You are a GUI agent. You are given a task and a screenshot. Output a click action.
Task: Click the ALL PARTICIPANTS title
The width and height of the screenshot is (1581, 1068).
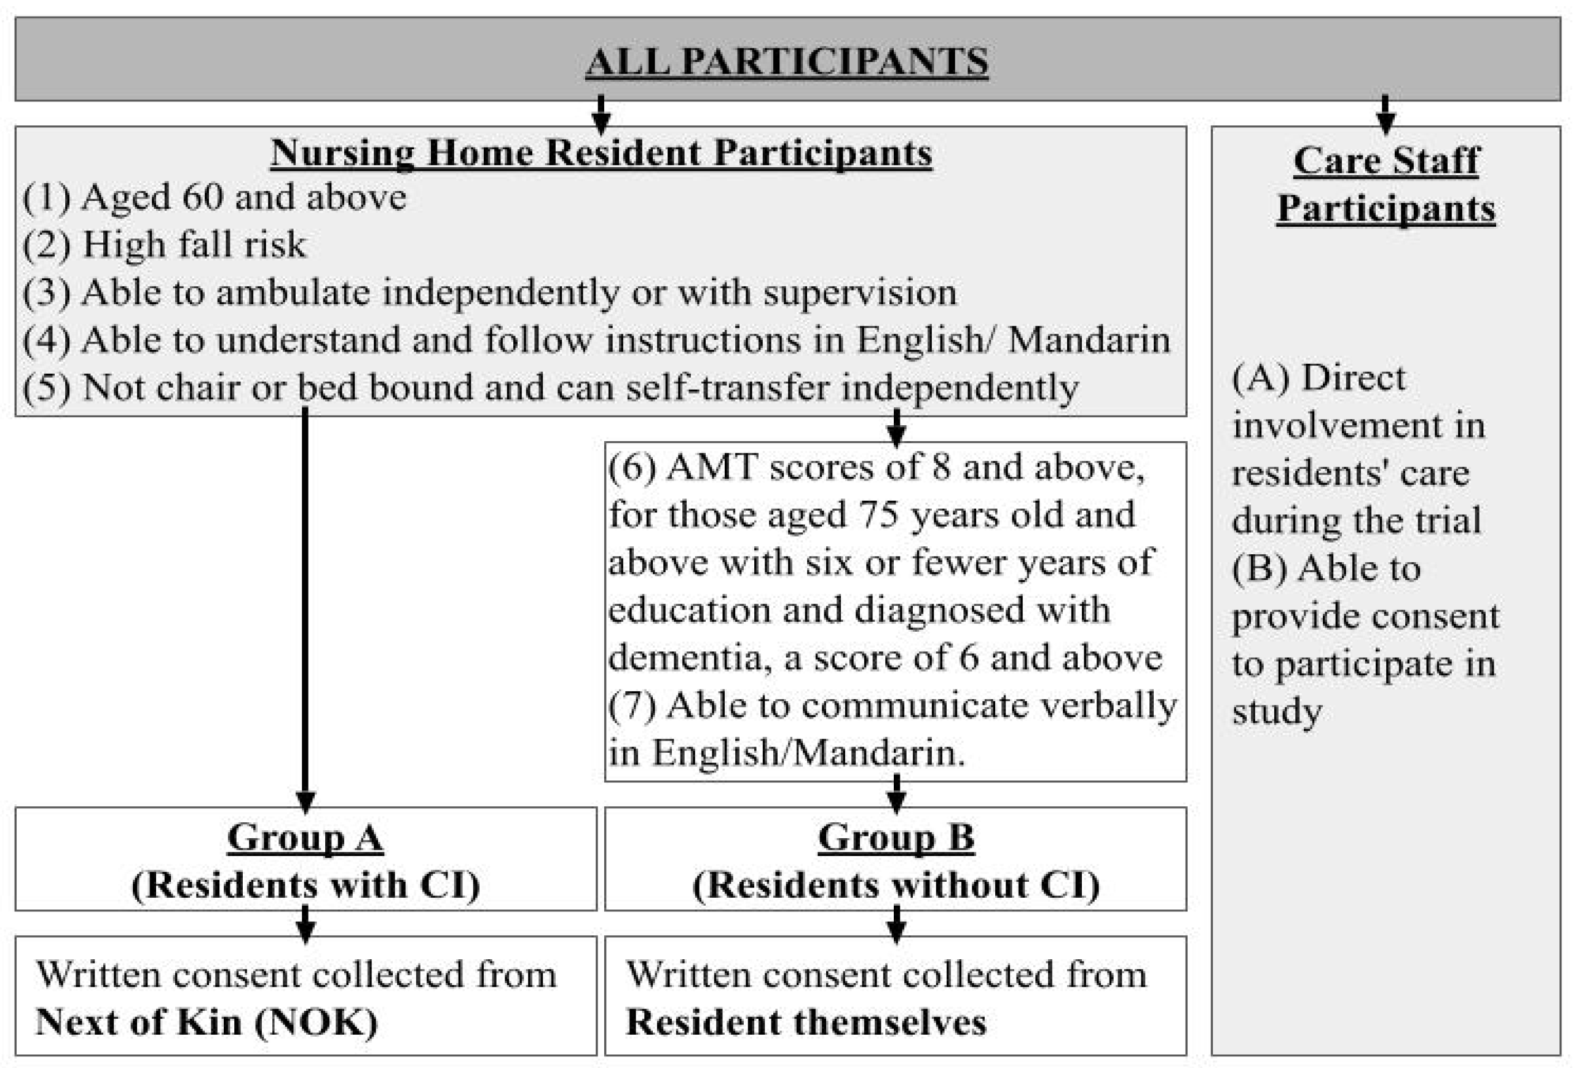click(x=786, y=61)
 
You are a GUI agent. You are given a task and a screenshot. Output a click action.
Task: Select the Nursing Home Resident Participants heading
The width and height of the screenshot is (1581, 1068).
click(x=601, y=152)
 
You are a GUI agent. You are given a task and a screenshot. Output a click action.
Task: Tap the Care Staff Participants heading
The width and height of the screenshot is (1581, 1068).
click(x=1386, y=184)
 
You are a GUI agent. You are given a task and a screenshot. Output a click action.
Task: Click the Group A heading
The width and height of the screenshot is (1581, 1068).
click(x=306, y=837)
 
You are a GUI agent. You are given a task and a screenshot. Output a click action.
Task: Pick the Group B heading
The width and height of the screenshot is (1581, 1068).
click(x=896, y=837)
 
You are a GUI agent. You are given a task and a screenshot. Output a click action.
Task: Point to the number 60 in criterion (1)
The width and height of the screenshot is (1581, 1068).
click(x=203, y=197)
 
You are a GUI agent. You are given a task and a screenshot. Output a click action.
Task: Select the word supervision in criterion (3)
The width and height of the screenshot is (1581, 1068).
click(x=859, y=293)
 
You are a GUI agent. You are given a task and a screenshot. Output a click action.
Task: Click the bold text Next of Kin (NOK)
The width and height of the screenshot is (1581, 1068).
click(x=206, y=1022)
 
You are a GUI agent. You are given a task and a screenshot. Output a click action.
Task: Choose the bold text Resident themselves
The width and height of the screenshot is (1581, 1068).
click(x=806, y=1022)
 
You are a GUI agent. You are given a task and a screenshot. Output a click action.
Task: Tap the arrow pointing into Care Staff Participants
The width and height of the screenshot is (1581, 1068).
click(x=1386, y=114)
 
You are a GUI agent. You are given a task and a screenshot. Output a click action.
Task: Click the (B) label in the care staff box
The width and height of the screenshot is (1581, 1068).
click(x=1260, y=568)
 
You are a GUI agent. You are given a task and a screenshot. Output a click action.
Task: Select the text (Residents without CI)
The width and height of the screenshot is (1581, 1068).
click(x=896, y=885)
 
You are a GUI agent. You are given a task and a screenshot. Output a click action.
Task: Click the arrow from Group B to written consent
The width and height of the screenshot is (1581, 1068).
click(x=896, y=924)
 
